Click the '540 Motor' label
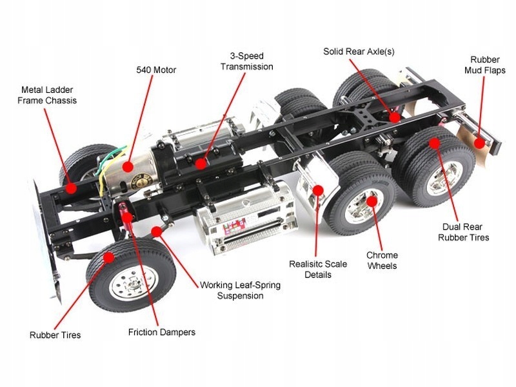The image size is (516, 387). [155, 70]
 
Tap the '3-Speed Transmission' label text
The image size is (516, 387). [246, 61]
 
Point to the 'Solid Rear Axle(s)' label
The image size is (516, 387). [359, 50]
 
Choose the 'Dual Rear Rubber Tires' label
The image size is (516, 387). [463, 232]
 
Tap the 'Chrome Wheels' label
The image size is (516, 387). [382, 260]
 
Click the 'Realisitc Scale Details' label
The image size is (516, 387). [318, 270]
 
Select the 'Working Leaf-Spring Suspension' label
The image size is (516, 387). [240, 290]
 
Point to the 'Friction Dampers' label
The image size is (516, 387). [161, 332]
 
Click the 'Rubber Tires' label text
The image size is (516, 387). [55, 335]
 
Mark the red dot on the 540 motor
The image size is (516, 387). [128, 166]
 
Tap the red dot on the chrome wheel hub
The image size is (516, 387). [371, 201]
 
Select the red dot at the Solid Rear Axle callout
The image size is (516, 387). [395, 117]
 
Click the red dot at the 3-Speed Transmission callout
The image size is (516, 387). [201, 164]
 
